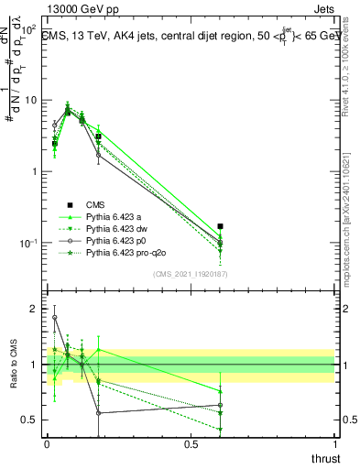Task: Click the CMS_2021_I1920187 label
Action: [191, 274]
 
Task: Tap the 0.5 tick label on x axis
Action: [191, 443]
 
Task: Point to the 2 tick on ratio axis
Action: [36, 309]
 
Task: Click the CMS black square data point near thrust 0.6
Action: [220, 225]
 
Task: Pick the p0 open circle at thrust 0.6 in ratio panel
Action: [220, 405]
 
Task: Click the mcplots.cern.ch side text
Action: [351, 229]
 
